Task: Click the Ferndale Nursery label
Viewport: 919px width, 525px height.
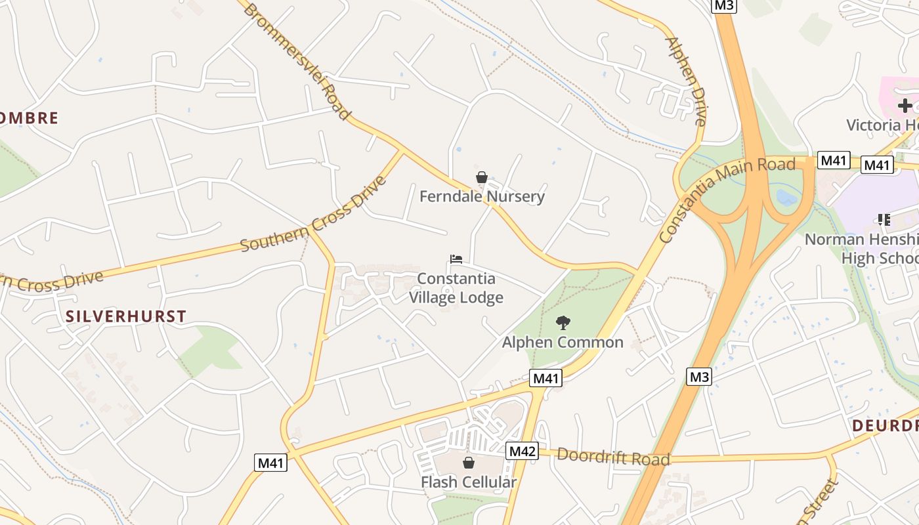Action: tap(482, 196)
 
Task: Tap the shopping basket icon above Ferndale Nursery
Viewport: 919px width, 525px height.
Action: tap(482, 177)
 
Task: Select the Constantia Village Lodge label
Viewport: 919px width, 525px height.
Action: tap(456, 288)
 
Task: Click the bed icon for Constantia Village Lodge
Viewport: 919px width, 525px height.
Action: tap(456, 259)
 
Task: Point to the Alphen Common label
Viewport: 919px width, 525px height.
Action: tap(563, 342)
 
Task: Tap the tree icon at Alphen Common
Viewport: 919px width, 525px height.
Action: tap(563, 322)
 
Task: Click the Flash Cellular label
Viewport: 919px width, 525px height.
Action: tap(469, 482)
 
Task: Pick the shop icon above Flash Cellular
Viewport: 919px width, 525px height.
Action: tap(469, 463)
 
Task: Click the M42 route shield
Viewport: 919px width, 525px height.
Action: tap(523, 451)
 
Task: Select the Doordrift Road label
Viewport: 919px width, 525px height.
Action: tap(614, 457)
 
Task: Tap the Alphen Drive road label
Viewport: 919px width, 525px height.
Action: tap(687, 81)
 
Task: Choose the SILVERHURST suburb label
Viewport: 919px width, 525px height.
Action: tap(126, 316)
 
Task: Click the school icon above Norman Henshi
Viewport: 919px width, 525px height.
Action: tap(884, 220)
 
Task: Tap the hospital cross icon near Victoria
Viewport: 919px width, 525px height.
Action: tap(905, 105)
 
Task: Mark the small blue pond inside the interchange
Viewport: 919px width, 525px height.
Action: tap(786, 197)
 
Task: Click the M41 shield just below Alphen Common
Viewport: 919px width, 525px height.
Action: tap(546, 378)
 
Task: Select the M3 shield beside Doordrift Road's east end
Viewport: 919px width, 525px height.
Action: tap(699, 377)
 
